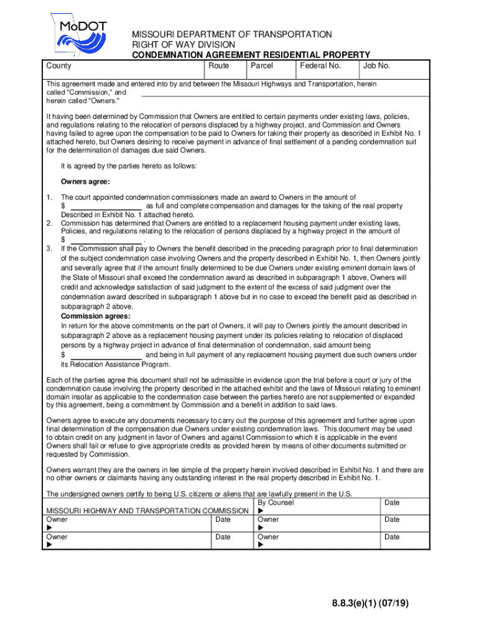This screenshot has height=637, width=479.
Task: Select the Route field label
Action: (218, 66)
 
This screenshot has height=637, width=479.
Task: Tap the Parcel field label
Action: (261, 66)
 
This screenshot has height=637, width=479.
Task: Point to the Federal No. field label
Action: (320, 66)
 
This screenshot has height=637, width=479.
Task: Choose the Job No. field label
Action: (376, 66)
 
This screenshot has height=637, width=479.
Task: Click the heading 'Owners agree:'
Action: (85, 182)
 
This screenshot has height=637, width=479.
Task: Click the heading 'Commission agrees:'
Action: (95, 316)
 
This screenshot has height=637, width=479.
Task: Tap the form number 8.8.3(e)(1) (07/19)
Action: (370, 603)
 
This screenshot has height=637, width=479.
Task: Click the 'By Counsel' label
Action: (276, 503)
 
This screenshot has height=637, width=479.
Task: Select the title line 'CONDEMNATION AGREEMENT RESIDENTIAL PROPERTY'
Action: (250, 55)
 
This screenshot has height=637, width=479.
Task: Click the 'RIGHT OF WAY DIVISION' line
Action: (183, 45)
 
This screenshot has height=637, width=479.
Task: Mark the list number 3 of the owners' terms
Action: (49, 248)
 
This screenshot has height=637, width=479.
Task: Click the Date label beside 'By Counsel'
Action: (392, 503)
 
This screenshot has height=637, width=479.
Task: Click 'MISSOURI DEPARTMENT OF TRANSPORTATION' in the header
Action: (231, 35)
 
